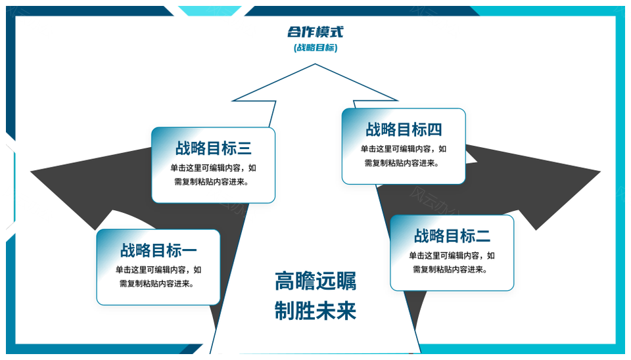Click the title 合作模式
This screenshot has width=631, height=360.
click(315, 32)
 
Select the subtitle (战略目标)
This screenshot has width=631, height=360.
click(315, 47)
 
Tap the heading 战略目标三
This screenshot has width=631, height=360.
click(213, 148)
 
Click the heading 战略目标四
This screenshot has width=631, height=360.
click(404, 129)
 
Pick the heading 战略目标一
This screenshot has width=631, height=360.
click(158, 250)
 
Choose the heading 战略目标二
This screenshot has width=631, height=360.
click(452, 236)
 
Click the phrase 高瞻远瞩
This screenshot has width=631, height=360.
click(315, 281)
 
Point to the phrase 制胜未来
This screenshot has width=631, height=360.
click(315, 311)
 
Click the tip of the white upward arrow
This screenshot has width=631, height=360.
click(315, 64)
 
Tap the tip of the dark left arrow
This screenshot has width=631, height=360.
click(32, 172)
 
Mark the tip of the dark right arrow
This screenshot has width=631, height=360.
click(600, 171)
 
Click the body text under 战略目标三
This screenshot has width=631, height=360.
click(213, 175)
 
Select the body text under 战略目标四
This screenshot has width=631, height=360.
click(403, 156)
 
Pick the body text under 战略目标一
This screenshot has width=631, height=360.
click(158, 277)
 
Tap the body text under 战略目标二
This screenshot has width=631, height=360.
click(452, 262)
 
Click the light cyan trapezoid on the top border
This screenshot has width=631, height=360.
click(210, 11)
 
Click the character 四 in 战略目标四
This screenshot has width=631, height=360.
click(434, 129)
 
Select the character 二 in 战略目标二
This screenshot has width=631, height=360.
click(483, 236)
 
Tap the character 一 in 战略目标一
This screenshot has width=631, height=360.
click(189, 250)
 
